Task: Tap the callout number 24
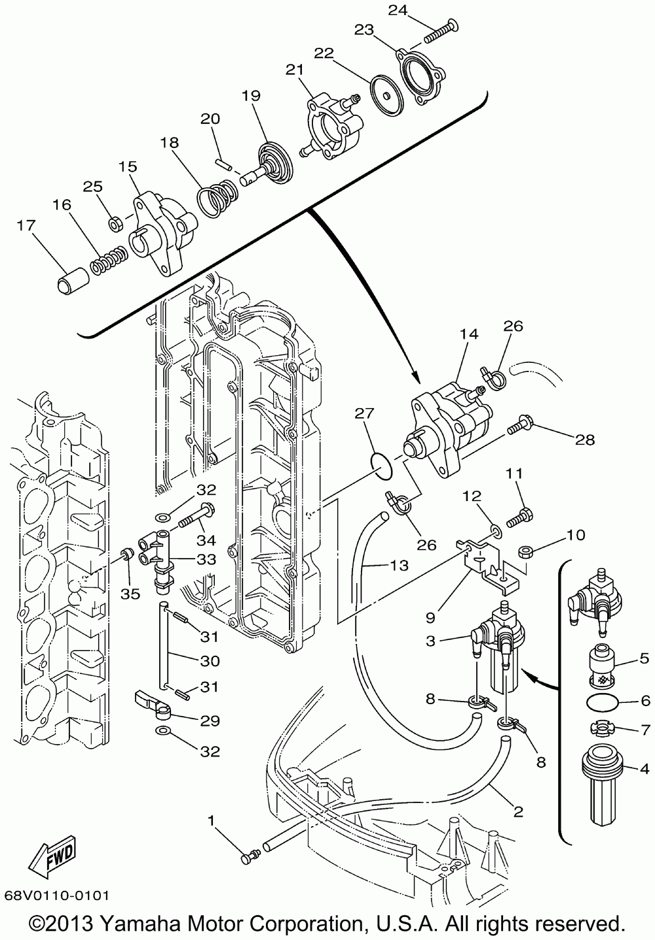point(398,10)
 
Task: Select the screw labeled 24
point(441,32)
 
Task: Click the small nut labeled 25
point(115,224)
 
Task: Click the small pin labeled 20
point(223,164)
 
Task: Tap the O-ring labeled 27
point(383,466)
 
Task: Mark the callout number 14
point(469,334)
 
